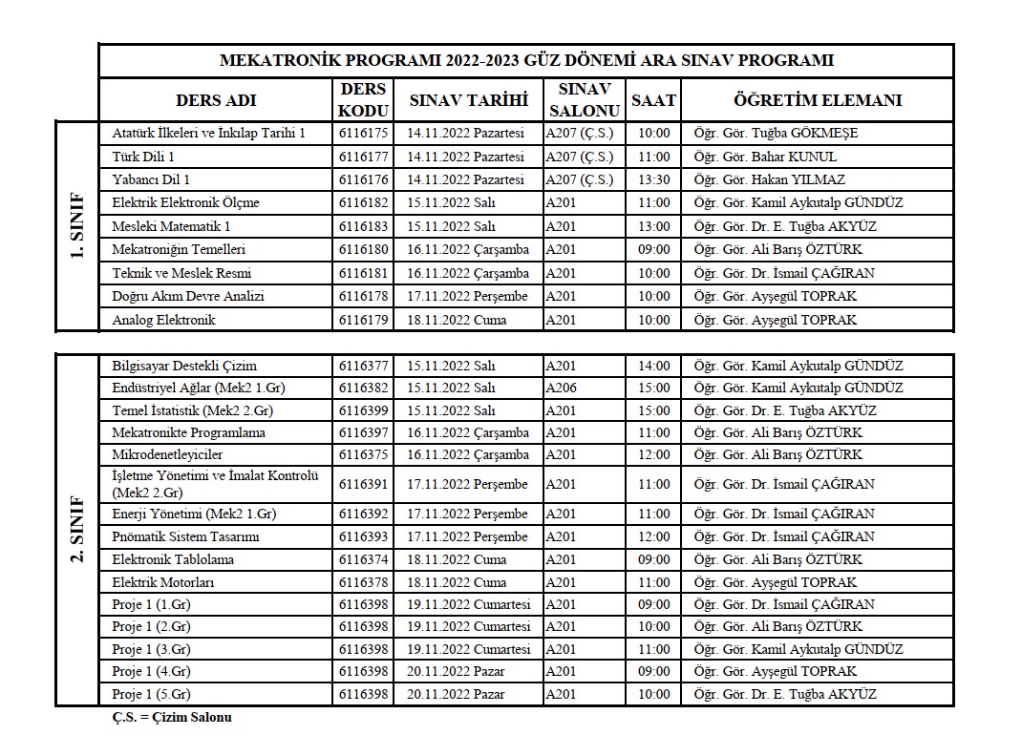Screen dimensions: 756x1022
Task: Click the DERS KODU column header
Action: pyautogui.click(x=364, y=99)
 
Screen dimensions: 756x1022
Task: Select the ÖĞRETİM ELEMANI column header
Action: pyautogui.click(x=817, y=99)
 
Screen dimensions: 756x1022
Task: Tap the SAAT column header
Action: pyautogui.click(x=653, y=99)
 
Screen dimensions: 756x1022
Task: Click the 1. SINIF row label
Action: pyautogui.click(x=77, y=226)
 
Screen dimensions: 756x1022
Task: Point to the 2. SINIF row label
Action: pyautogui.click(x=77, y=529)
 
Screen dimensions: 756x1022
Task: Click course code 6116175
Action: pyautogui.click(x=364, y=134)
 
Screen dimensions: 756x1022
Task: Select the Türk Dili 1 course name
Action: pyautogui.click(x=143, y=157)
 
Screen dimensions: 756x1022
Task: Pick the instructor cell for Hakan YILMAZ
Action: pyautogui.click(x=769, y=179)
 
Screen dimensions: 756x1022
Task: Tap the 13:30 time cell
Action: pyautogui.click(x=653, y=179)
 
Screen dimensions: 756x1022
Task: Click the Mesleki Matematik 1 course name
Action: pyautogui.click(x=171, y=226)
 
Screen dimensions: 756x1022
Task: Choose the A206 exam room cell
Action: pyautogui.click(x=561, y=388)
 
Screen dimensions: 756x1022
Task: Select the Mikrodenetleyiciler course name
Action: pyautogui.click(x=167, y=454)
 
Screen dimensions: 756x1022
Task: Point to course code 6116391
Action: pyautogui.click(x=364, y=484)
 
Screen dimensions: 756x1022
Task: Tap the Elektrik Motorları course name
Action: pyautogui.click(x=163, y=582)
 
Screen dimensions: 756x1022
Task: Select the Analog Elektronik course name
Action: pyautogui.click(x=163, y=320)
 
